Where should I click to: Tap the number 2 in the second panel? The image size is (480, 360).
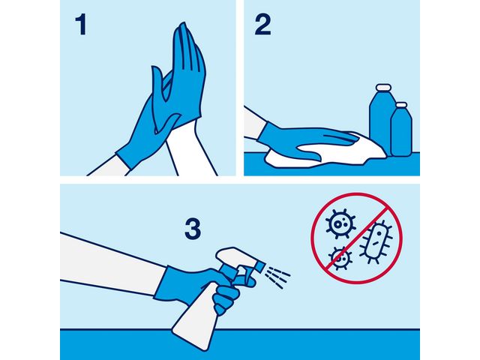coord(261,25)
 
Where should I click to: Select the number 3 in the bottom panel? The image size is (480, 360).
coord(193,229)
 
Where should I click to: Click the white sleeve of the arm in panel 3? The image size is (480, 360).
coord(105,259)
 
